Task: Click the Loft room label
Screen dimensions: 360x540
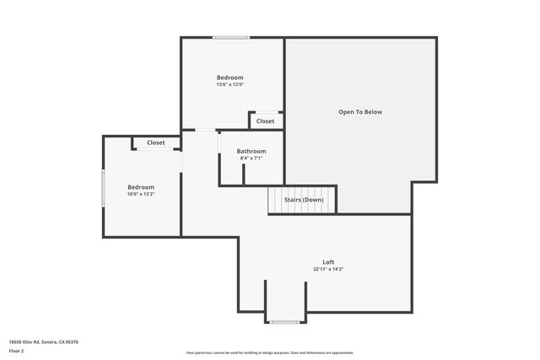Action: [328, 261]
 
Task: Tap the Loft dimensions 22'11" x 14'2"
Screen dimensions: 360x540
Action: [328, 269]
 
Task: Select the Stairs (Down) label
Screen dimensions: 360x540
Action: [302, 200]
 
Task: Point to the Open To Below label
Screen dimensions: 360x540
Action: [360, 112]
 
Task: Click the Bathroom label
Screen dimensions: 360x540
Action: [251, 151]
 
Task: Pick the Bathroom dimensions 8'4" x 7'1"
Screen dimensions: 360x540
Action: [251, 159]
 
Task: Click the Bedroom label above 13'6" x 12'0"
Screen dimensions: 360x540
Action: [230, 77]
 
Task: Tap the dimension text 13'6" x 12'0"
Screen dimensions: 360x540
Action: [230, 84]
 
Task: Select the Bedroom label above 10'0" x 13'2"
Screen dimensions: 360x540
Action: [141, 186]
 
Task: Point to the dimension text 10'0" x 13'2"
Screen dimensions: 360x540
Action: [141, 194]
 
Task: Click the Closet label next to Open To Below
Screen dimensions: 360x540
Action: [265, 121]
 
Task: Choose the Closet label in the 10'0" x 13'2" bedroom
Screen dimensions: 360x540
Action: [156, 142]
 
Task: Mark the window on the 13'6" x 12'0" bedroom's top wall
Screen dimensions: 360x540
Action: [230, 37]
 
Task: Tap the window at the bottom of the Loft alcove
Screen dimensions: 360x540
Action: [284, 322]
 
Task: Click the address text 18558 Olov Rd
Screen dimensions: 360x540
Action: [43, 341]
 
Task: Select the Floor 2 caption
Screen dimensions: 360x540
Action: [17, 350]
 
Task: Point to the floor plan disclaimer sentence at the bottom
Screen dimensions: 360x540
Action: [269, 352]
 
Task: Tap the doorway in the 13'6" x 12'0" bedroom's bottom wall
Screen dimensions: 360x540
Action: [206, 130]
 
